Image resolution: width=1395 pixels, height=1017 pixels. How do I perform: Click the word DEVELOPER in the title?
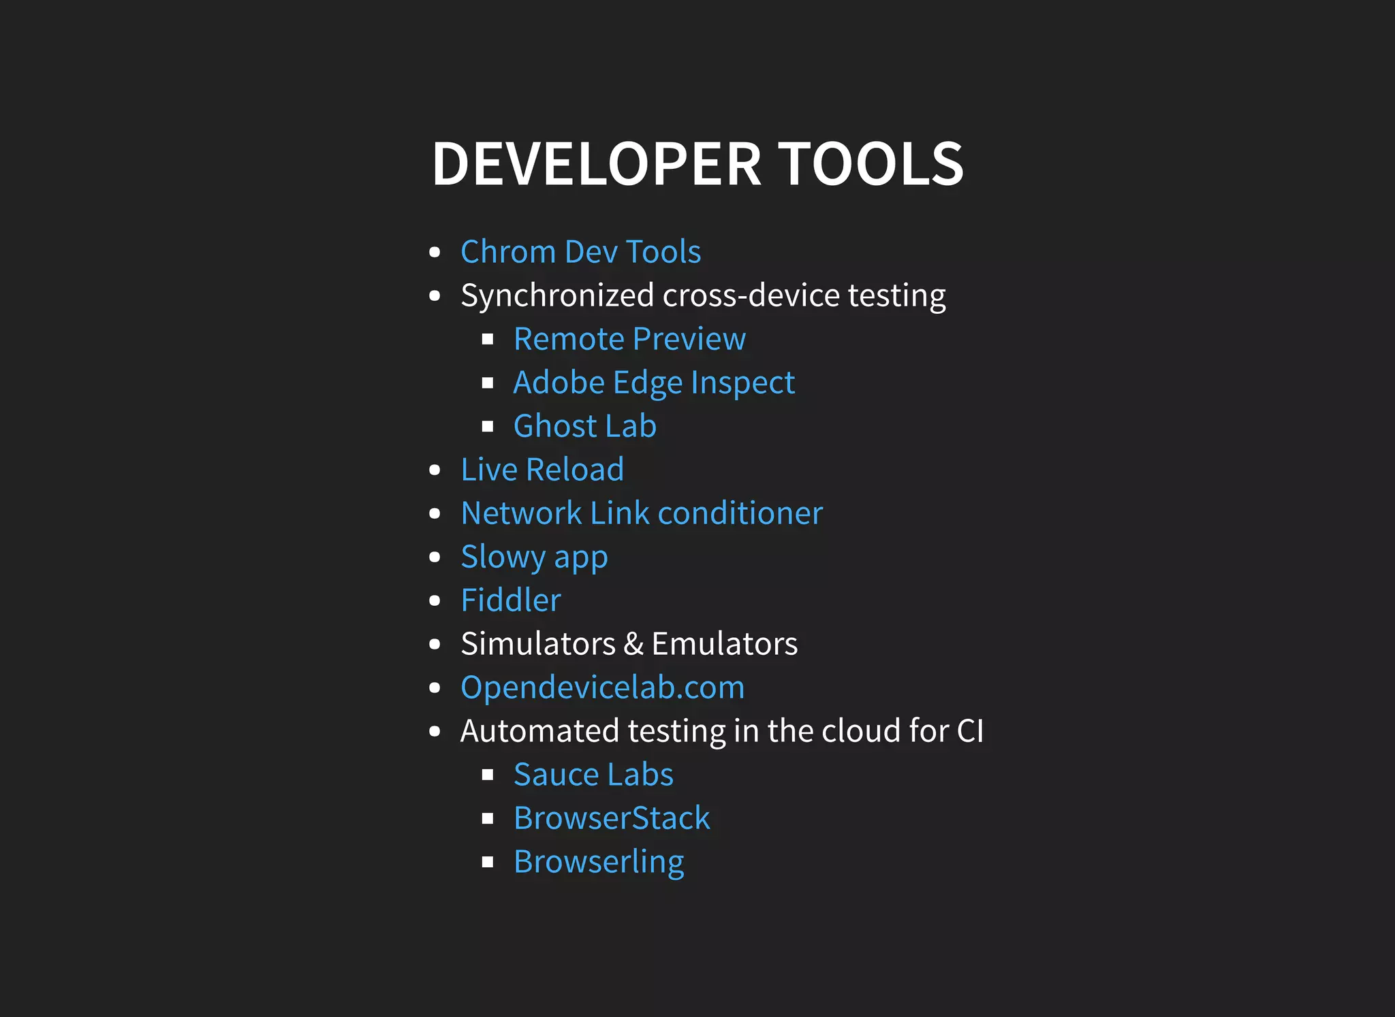coord(596,164)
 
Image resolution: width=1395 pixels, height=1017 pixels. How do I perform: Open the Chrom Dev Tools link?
coord(580,252)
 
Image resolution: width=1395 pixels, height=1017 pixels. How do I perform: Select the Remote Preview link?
coord(629,339)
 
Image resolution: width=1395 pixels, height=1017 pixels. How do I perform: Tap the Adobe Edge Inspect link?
coord(654,383)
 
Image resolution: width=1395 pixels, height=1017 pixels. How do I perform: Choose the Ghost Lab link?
coord(584,426)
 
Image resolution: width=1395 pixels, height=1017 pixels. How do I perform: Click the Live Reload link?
coord(542,470)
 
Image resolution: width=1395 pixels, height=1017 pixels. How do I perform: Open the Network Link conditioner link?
coord(642,513)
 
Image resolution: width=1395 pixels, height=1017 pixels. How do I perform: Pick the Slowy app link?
coord(534,557)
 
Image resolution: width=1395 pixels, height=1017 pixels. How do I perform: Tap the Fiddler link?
coord(511,600)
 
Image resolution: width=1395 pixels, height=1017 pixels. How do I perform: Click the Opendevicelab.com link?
coord(602,688)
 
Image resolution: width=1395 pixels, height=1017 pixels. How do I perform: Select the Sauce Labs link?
coord(593,775)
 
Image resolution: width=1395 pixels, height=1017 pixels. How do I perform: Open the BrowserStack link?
coord(612,818)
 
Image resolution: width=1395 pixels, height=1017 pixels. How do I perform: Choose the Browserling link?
coord(599,862)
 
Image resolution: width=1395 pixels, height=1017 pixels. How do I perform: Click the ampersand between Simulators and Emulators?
coord(633,644)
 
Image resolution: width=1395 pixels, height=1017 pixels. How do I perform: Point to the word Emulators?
coord(724,644)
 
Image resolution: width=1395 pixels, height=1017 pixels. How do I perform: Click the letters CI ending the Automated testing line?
coord(970,731)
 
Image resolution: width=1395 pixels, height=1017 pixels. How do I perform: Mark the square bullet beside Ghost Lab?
coord(487,427)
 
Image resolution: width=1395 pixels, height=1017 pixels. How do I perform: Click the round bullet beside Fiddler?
coord(435,601)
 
